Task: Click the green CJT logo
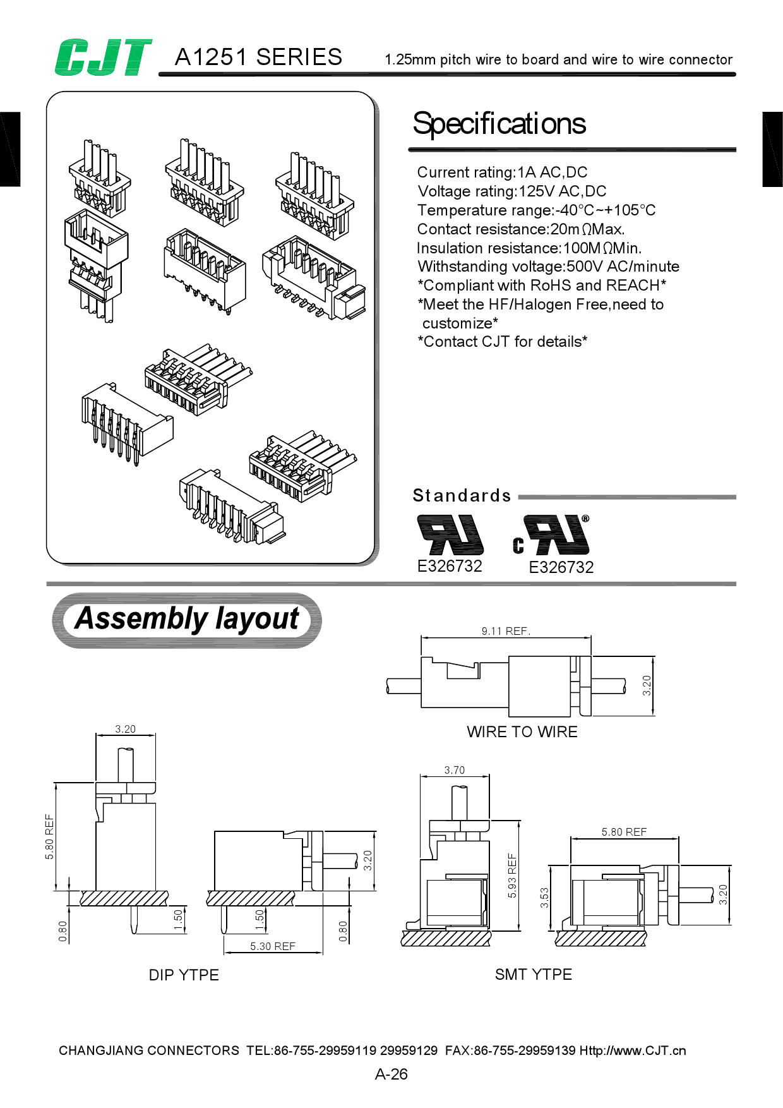(103, 57)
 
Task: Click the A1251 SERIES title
(258, 57)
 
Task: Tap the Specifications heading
(499, 124)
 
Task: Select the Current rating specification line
(502, 172)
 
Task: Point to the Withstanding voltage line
(548, 267)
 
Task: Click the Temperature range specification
(536, 210)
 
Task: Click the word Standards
(462, 496)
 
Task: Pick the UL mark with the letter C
(552, 536)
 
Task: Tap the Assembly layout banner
(187, 619)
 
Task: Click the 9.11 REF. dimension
(506, 631)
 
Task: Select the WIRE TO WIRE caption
(522, 732)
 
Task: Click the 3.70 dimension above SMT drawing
(454, 770)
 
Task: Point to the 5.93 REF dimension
(512, 876)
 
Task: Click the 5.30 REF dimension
(272, 946)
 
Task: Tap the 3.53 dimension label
(544, 898)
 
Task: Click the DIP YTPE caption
(184, 975)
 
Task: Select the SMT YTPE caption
(533, 975)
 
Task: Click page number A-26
(391, 1075)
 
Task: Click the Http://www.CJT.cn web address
(632, 1051)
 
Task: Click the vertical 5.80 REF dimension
(49, 836)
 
